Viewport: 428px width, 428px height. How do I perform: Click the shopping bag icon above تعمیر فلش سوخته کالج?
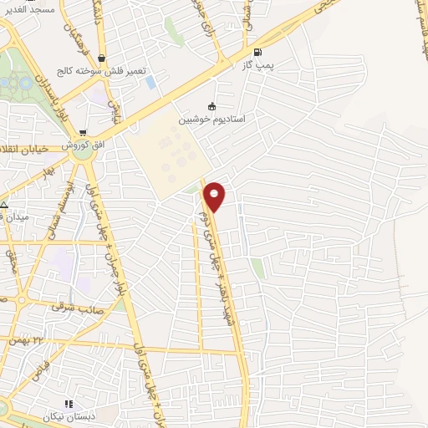pyautogui.click(x=101, y=59)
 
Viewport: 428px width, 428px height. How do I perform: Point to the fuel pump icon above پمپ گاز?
pyautogui.click(x=268, y=52)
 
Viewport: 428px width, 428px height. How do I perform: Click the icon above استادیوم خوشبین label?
pyautogui.click(x=211, y=107)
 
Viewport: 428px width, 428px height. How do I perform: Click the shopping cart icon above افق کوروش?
pyautogui.click(x=83, y=133)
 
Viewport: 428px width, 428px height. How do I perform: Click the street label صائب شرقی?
pyautogui.click(x=69, y=307)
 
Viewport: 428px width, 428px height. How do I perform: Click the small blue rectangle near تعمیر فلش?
pyautogui.click(x=150, y=83)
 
